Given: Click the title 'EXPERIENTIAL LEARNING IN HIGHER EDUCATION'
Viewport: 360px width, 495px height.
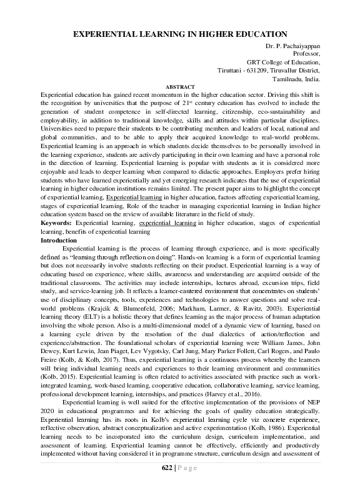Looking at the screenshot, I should tap(180, 35).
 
